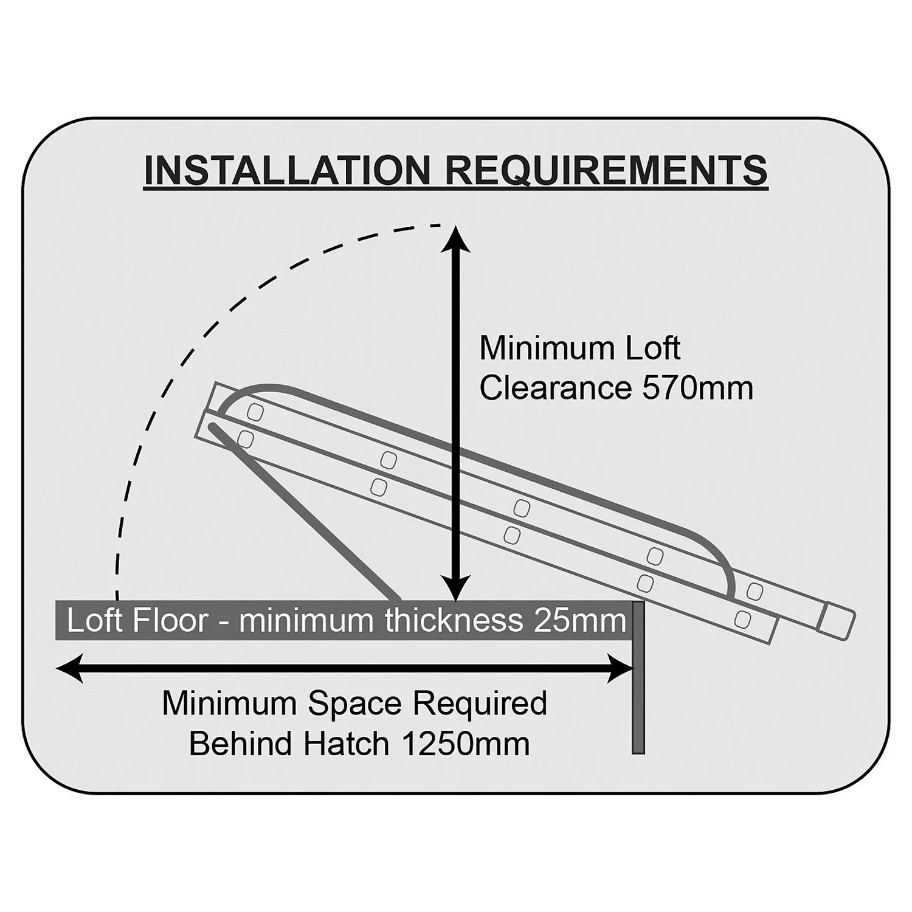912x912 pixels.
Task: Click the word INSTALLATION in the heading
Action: click(x=286, y=170)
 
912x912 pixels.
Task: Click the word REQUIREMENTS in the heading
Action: click(x=607, y=170)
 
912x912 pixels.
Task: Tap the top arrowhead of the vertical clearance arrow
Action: click(x=454, y=239)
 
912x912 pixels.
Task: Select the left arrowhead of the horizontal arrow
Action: click(x=69, y=669)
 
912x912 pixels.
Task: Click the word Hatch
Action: click(x=354, y=744)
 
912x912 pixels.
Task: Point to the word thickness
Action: click(x=454, y=621)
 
